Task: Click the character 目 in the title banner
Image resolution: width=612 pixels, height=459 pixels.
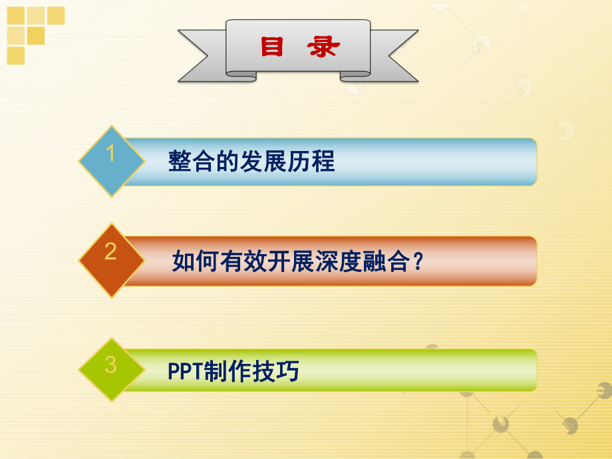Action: coord(272,47)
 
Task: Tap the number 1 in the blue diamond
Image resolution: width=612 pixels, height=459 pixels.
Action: coord(111,154)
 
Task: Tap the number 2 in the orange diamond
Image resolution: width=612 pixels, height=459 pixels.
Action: coord(111,251)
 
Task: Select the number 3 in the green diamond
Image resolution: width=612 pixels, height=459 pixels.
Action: coord(111,365)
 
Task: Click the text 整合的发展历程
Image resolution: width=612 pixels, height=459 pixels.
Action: coord(251,162)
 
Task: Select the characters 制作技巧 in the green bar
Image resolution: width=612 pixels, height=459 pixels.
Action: coord(252,372)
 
